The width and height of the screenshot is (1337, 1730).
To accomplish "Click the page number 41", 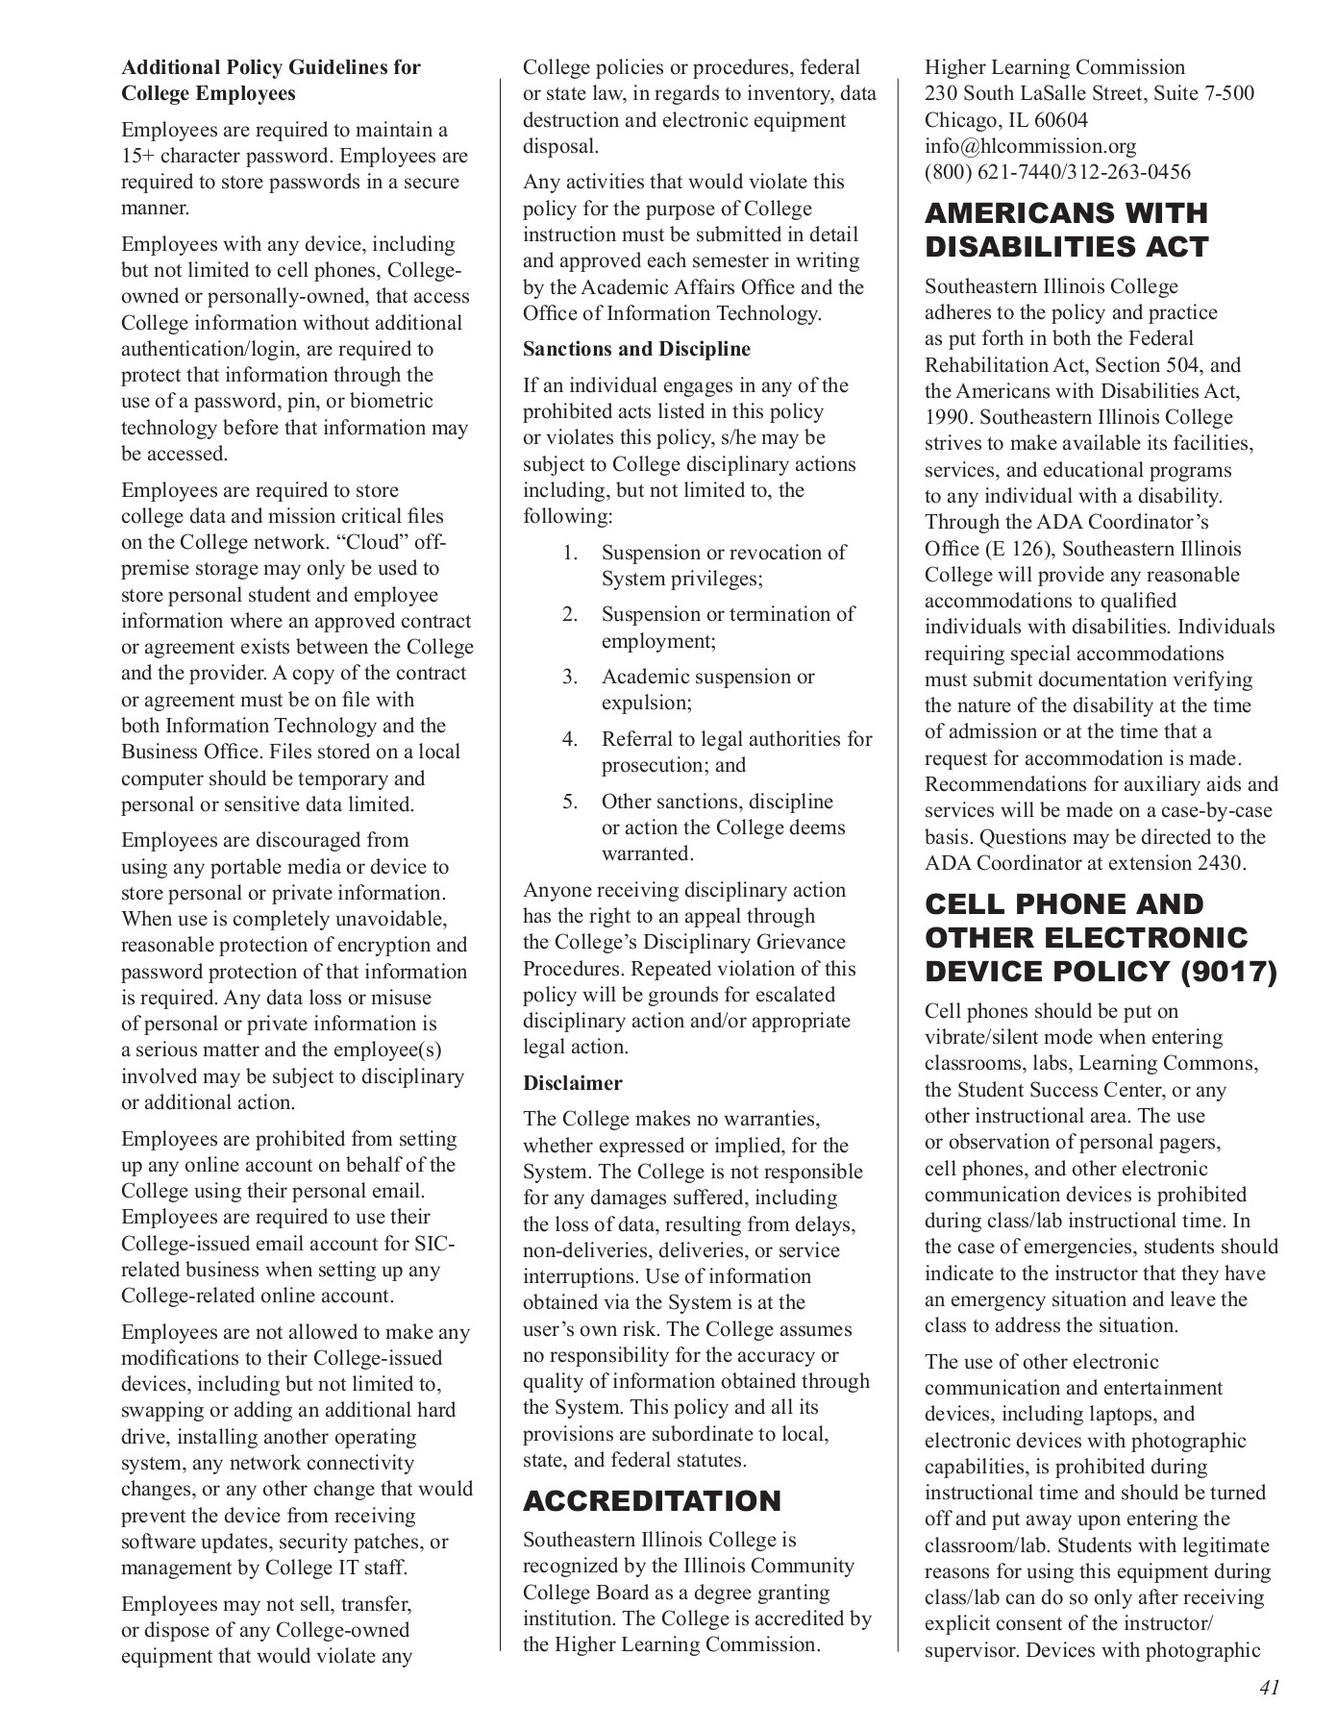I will click(1268, 1688).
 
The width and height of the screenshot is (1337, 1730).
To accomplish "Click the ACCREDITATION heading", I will click(652, 1500).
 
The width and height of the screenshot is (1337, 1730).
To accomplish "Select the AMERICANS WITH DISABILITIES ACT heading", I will click(1066, 230).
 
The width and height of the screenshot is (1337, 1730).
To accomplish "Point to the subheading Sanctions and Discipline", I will click(636, 349).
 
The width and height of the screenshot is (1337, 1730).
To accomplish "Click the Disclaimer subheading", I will click(572, 1083).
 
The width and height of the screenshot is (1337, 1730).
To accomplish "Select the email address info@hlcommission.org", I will click(1029, 146).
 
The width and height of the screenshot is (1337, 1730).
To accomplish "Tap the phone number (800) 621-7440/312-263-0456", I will click(1057, 172).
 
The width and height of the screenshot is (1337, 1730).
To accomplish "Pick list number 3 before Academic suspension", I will click(570, 677).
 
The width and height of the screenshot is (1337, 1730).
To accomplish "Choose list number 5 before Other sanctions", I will click(570, 802).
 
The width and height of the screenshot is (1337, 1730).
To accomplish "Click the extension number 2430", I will click(1218, 863).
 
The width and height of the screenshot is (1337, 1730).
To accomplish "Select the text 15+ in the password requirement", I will click(137, 156).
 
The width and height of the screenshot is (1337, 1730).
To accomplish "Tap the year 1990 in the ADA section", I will click(946, 417).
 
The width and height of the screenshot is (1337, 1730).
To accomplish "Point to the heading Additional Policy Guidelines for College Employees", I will click(270, 81).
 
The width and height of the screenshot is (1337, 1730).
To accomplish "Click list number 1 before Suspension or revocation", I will click(570, 553).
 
